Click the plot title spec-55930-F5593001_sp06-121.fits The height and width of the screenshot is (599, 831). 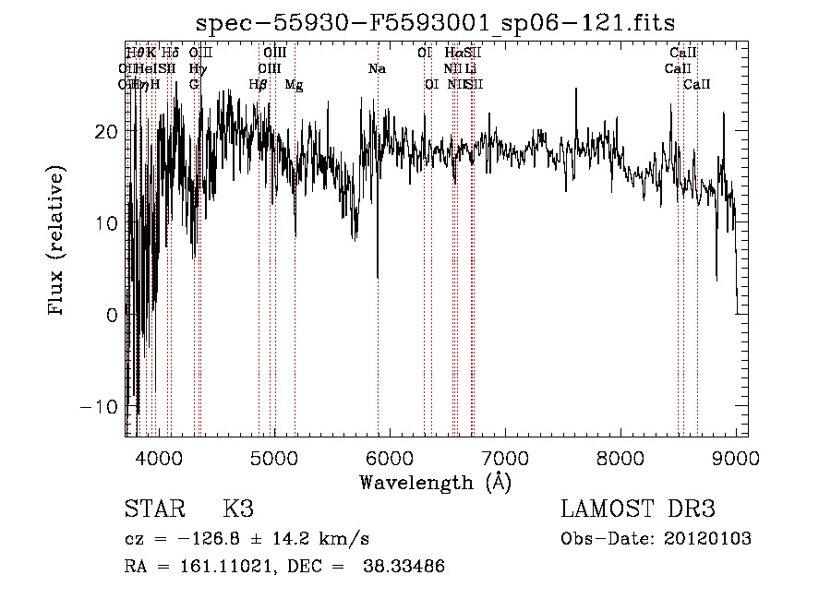436,24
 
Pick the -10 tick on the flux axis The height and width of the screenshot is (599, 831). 104,407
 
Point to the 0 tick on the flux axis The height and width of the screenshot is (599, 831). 112,315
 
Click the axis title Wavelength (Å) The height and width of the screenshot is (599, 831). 435,482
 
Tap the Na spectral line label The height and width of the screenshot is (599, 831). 377,69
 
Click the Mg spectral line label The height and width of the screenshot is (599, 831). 294,85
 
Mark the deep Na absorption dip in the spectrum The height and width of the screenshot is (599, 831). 378,274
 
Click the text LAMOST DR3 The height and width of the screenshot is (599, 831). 638,509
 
